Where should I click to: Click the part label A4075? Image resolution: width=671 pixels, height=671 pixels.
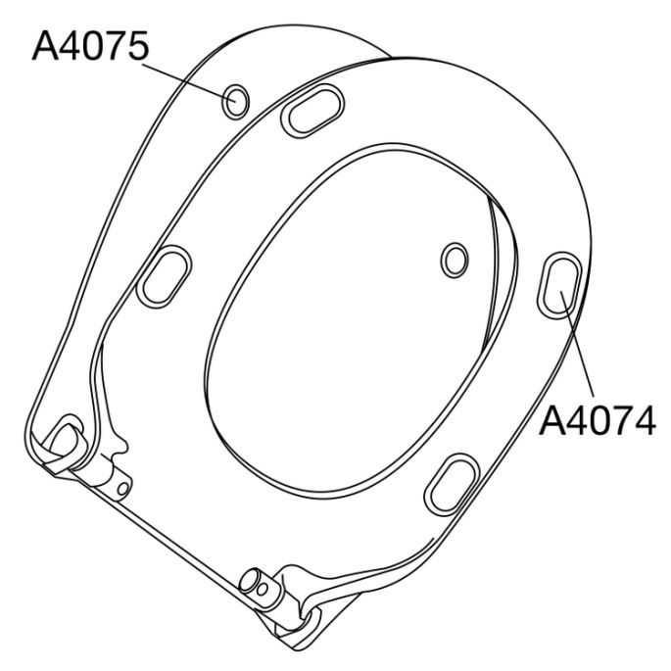[x=89, y=46]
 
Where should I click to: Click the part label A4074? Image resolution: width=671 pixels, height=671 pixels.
[x=598, y=420]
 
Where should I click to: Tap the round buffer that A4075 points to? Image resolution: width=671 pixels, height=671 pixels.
[x=236, y=99]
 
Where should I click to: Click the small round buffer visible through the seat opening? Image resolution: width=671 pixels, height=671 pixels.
[x=455, y=260]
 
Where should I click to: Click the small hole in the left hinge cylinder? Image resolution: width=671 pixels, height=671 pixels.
[x=121, y=486]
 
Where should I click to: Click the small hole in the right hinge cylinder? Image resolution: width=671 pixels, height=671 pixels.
[x=263, y=588]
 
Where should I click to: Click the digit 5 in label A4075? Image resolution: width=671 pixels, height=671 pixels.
[x=134, y=46]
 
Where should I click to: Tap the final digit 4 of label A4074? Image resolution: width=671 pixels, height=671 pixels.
[x=642, y=420]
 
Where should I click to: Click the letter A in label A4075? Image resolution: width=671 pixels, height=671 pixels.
[x=45, y=46]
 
